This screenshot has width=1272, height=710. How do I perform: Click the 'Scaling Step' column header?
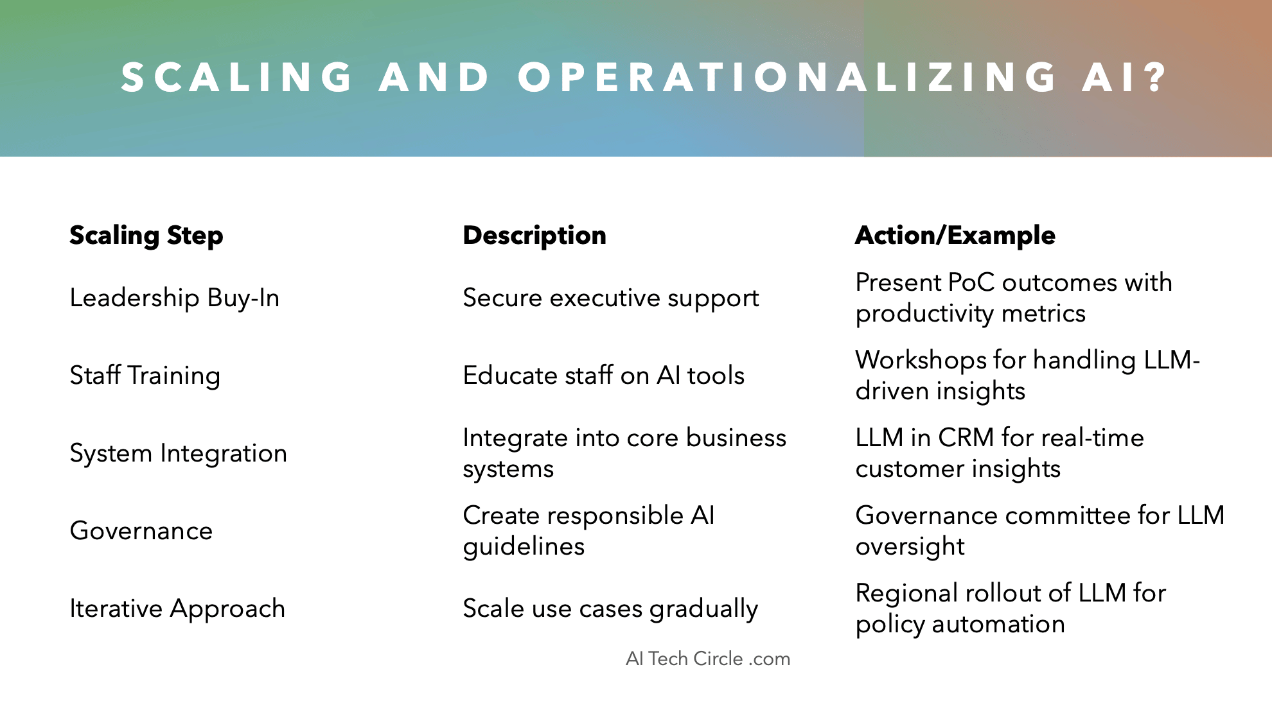coord(146,236)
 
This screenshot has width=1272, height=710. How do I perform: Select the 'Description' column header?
coord(534,236)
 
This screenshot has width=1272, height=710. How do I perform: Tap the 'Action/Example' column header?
coord(955,236)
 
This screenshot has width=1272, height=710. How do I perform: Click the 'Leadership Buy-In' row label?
coord(175,299)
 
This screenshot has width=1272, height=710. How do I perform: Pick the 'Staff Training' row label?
coord(145,376)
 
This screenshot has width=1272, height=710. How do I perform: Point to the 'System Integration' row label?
coord(179,453)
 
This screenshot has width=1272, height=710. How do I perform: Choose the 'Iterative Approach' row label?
coord(177,609)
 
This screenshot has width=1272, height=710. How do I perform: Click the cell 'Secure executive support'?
coord(611,299)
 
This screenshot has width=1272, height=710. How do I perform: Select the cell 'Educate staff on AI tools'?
coord(604,376)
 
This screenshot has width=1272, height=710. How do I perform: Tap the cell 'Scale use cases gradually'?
coord(610,609)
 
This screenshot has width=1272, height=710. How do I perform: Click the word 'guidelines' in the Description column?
coord(524,547)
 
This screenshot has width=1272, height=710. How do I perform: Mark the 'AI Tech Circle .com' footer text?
coord(708,659)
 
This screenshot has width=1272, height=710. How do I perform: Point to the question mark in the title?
coord(1157,77)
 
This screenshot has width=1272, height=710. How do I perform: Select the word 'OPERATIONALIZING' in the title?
coord(788,77)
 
